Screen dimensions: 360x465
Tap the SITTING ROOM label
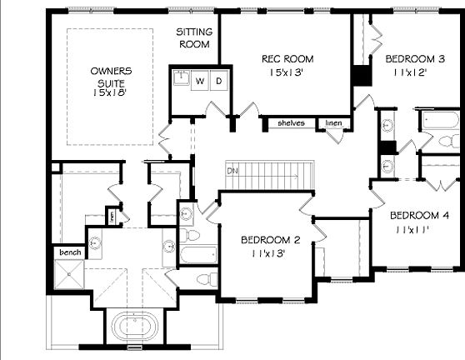coord(194,38)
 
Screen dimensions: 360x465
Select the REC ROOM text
coord(287,59)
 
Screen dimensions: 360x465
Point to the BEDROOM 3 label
coord(414,59)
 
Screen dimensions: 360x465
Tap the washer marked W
coord(200,82)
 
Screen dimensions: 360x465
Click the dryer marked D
coord(218,82)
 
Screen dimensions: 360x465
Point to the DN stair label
coord(232,171)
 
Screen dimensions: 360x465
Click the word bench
coord(68,251)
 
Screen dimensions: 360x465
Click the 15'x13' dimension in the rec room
coord(287,72)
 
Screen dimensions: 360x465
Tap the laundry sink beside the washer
coord(182,81)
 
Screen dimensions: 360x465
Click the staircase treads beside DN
coord(271,175)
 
